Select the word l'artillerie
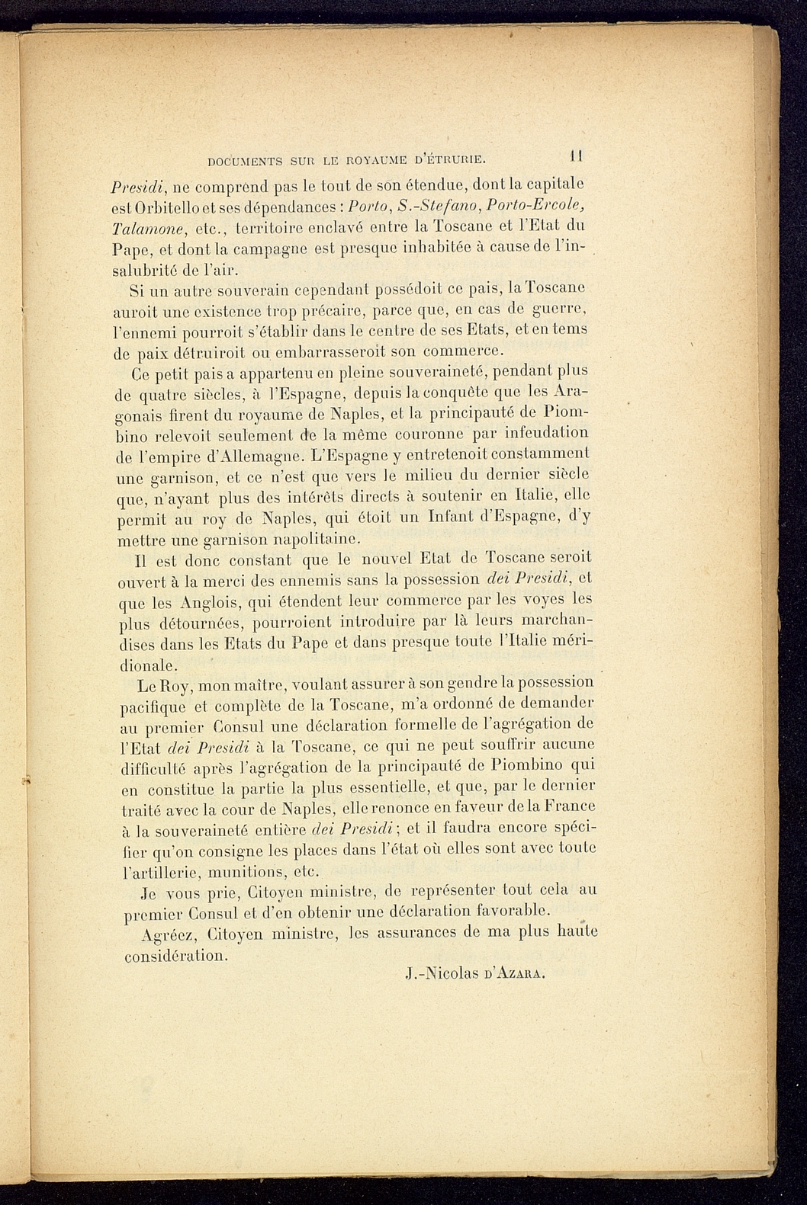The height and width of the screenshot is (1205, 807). point(162,872)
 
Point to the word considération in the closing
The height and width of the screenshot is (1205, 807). point(175,956)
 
